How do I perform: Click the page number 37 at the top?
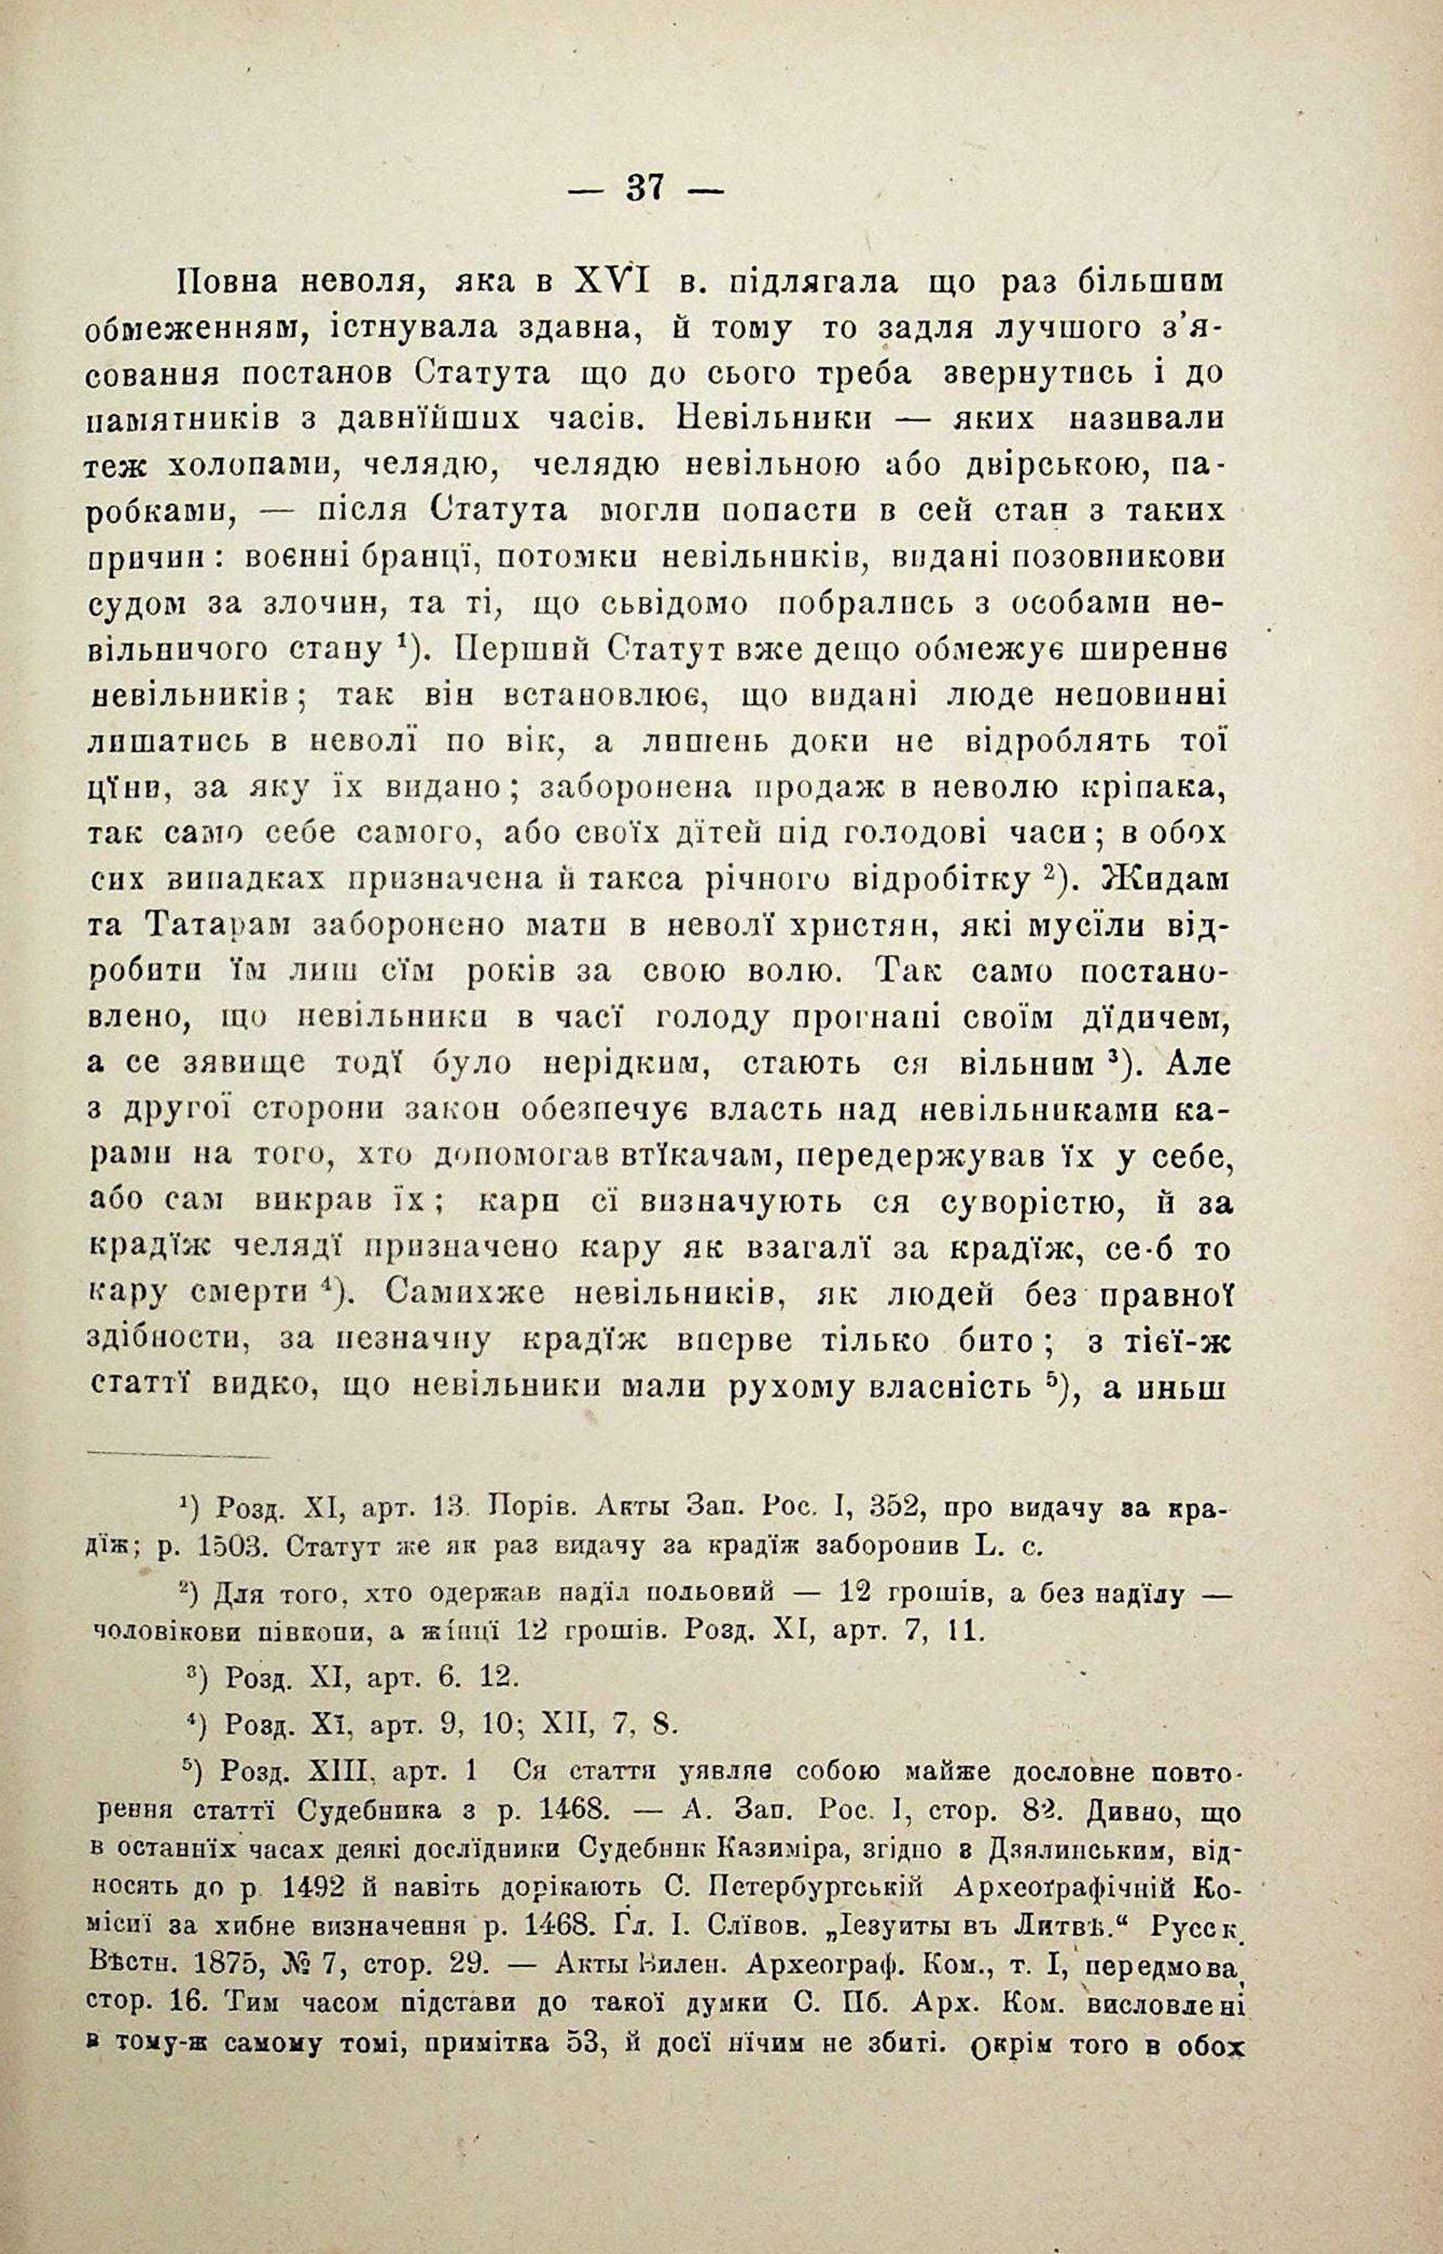[x=644, y=190]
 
